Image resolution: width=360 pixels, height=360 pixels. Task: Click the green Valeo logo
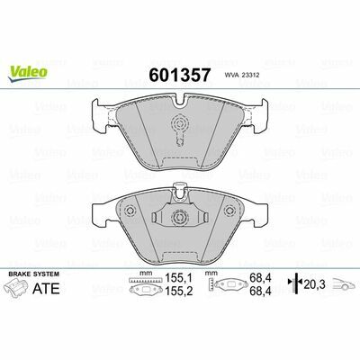(27, 74)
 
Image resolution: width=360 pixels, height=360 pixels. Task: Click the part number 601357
(180, 75)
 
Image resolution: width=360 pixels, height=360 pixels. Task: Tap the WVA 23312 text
(239, 76)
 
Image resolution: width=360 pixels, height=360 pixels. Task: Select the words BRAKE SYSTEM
(34, 274)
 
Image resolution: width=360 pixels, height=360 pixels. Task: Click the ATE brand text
(46, 288)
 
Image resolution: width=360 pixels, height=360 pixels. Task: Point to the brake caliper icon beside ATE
(18, 287)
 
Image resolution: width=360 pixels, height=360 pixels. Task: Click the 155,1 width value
(179, 278)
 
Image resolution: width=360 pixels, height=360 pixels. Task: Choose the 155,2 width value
(179, 291)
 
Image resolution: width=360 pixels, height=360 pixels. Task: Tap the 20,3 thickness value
(314, 283)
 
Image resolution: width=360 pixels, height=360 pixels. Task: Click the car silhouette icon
(345, 283)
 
